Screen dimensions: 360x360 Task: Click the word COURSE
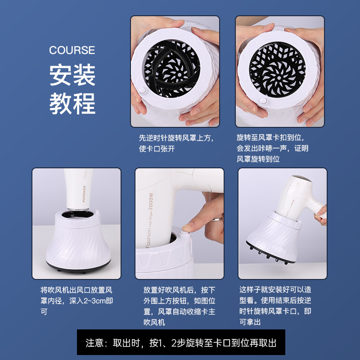click(x=72, y=50)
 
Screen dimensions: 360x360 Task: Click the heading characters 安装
click(x=72, y=75)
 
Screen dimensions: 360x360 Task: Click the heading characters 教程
click(x=72, y=103)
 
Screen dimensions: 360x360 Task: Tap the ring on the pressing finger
click(x=217, y=220)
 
